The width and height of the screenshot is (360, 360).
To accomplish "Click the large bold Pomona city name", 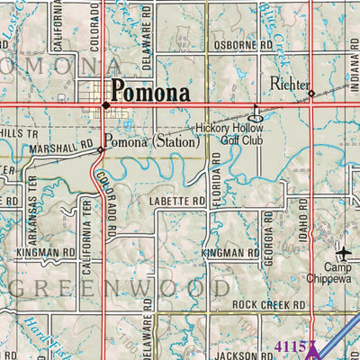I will (150, 91).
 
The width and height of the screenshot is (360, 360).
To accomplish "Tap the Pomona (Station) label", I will (150, 141).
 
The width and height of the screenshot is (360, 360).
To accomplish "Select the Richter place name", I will (288, 84).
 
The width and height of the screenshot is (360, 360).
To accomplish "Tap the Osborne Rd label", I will (242, 44).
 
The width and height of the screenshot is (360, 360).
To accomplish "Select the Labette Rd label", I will (178, 202).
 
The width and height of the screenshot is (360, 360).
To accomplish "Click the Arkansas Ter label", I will (40, 221).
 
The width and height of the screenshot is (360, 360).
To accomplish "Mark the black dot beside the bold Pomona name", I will (105, 103).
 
